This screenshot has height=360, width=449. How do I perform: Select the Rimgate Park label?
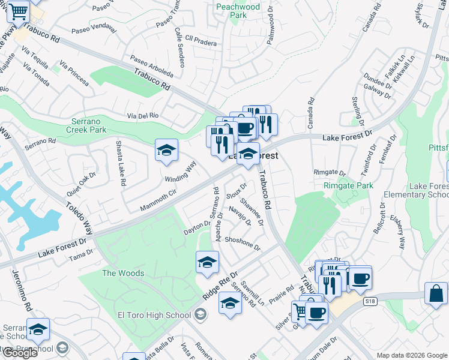(347, 185)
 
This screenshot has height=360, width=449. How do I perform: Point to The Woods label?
(123, 273)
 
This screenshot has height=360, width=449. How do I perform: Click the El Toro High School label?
(155, 315)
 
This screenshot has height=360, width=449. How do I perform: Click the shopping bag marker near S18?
(436, 294)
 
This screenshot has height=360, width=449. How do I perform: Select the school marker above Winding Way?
(166, 150)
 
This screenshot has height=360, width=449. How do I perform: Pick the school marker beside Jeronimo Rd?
(38, 329)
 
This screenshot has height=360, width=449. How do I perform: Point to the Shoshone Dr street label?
(243, 243)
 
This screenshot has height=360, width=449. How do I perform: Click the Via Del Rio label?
(142, 115)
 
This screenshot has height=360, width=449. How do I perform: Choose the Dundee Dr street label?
(378, 82)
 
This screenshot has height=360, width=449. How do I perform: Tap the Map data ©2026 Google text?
(411, 355)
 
